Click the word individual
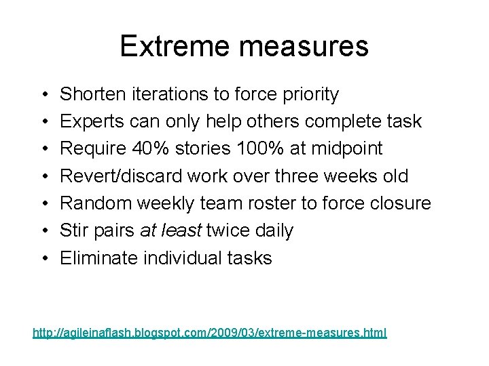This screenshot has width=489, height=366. pyautogui.click(x=182, y=258)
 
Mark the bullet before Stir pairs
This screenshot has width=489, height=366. pyautogui.click(x=43, y=231)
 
